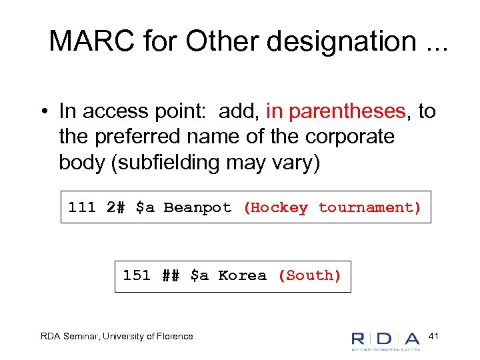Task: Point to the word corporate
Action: click(x=350, y=137)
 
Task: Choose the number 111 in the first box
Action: click(x=82, y=207)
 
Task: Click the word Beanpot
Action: click(x=197, y=207)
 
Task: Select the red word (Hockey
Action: click(x=275, y=207)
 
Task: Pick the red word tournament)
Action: click(x=370, y=207)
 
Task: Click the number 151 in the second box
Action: click(x=137, y=275)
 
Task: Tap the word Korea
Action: click(x=242, y=275)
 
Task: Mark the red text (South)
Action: click(x=309, y=275)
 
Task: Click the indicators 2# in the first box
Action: click(x=116, y=207)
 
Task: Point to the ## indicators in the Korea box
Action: click(x=171, y=275)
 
